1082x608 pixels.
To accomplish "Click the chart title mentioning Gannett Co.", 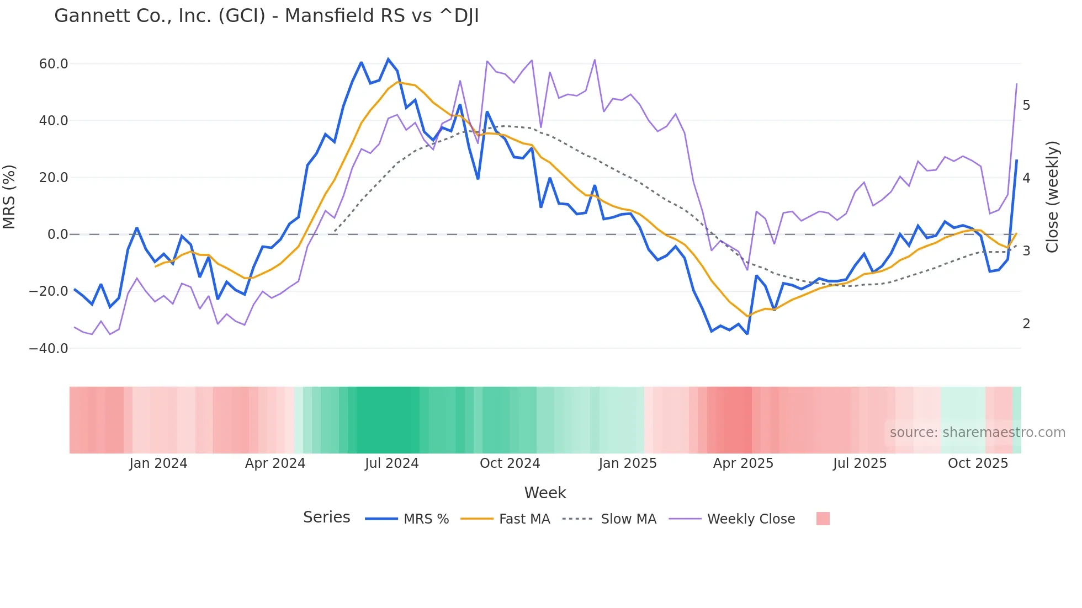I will point(266,16).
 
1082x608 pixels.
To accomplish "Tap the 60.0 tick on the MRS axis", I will point(54,64).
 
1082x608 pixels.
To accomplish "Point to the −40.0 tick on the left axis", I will point(49,349).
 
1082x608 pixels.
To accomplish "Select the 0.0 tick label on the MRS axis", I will point(58,234).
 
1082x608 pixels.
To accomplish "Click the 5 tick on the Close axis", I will point(1026,105).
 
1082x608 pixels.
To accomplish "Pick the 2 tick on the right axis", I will point(1026,324).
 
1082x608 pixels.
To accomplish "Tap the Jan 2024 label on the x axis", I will point(158,463).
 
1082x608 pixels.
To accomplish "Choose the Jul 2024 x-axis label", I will point(392,463).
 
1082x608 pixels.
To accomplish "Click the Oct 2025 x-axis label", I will point(978,463).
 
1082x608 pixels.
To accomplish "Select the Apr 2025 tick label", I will point(743,463).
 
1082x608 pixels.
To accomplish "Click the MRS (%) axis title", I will point(9,196).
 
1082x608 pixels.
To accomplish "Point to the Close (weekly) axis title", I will point(1052,196).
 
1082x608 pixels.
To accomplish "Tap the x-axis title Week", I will point(545,493).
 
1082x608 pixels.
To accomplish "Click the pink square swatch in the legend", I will point(823,519).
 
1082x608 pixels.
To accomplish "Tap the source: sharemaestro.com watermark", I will point(977,433).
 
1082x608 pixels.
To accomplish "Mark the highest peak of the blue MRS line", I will point(388,59).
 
